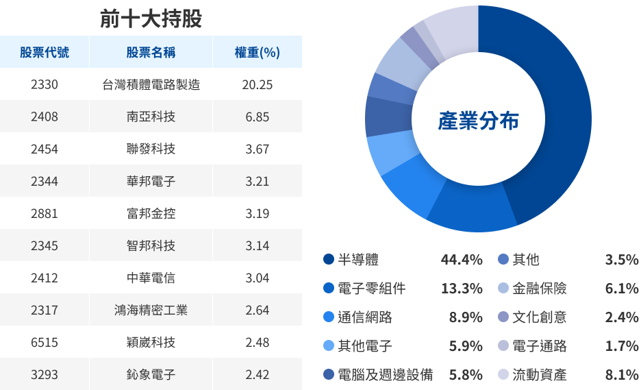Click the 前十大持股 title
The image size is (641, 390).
[x=151, y=19]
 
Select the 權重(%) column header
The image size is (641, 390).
[x=257, y=53]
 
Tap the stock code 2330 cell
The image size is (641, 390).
[x=45, y=85]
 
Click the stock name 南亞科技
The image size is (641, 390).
[x=151, y=117]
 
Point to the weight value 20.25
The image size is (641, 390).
[x=257, y=85]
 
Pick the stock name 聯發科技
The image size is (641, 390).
[x=151, y=149]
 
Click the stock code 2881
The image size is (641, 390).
[x=45, y=213]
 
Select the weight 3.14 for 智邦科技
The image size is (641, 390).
[x=257, y=245]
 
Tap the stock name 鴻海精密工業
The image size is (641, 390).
[x=151, y=310]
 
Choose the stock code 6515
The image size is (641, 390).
[x=45, y=342]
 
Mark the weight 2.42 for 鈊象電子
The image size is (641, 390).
[x=257, y=375]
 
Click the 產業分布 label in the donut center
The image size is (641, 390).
[x=478, y=121]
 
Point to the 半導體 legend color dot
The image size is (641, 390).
[x=329, y=260]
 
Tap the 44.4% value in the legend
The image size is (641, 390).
[x=462, y=260]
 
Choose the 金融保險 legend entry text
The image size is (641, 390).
[x=540, y=289]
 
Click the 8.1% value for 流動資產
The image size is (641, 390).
[x=622, y=375]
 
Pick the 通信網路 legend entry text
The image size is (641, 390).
[x=365, y=317]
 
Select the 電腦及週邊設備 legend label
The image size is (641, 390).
[x=386, y=375]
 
